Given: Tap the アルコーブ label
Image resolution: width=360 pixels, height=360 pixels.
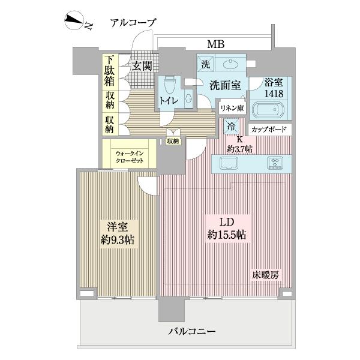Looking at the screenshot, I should pos(133,23).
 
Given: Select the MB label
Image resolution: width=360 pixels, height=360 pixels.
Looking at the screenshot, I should pos(215,44).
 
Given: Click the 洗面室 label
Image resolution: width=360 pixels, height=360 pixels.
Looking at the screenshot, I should pos(225,85).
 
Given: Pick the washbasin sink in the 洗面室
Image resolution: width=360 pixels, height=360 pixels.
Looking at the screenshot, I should pos(231,65).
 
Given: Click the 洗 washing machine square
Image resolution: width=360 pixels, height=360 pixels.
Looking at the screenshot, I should pos(205,64).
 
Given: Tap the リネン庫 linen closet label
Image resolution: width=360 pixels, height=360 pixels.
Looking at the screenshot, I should pos(231,109).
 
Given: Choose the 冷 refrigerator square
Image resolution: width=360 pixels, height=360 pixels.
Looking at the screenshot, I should pos(232,127).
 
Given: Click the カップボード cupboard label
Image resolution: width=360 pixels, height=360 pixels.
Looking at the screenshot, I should pos(268,130).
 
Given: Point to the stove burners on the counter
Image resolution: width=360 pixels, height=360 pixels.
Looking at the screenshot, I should pos(275,163).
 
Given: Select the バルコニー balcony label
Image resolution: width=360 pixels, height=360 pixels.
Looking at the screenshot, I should pos(191,332).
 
